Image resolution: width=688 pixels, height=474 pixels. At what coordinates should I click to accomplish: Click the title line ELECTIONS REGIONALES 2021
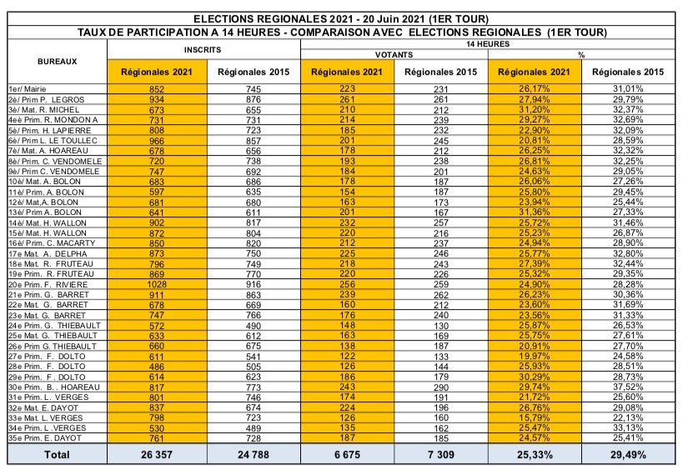(341, 18)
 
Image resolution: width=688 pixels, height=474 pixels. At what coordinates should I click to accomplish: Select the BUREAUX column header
(58, 62)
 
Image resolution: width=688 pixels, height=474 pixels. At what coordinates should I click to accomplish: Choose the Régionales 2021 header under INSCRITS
(156, 72)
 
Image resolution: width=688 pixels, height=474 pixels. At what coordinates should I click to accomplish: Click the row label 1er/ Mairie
(29, 88)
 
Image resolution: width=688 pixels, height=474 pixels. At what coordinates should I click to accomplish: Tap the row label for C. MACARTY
(52, 242)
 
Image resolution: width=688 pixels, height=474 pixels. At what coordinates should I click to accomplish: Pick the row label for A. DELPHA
(47, 252)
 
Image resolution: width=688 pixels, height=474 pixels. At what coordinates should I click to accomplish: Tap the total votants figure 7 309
(442, 455)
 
